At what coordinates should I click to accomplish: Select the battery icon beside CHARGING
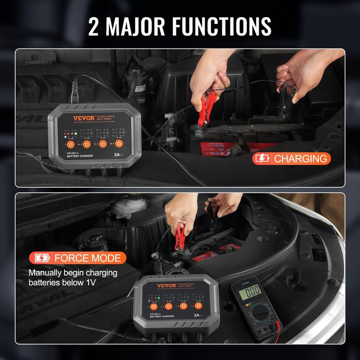[264, 158]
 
